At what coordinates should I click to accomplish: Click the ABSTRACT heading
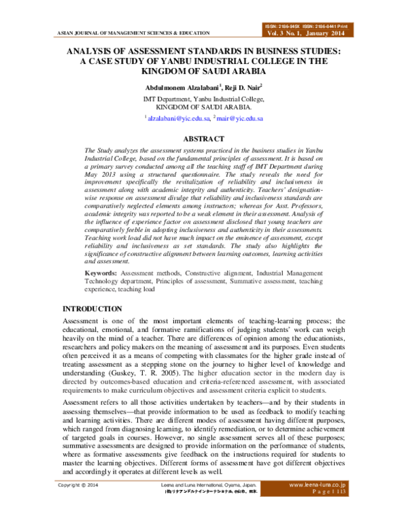coord(204,139)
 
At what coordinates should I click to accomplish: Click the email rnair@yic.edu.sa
coord(241,118)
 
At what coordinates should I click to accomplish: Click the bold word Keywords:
coord(100,271)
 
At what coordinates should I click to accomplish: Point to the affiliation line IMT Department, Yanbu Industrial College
coord(203,99)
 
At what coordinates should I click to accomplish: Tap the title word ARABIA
coord(242,69)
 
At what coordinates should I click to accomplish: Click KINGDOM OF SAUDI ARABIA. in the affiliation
coord(203,107)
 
